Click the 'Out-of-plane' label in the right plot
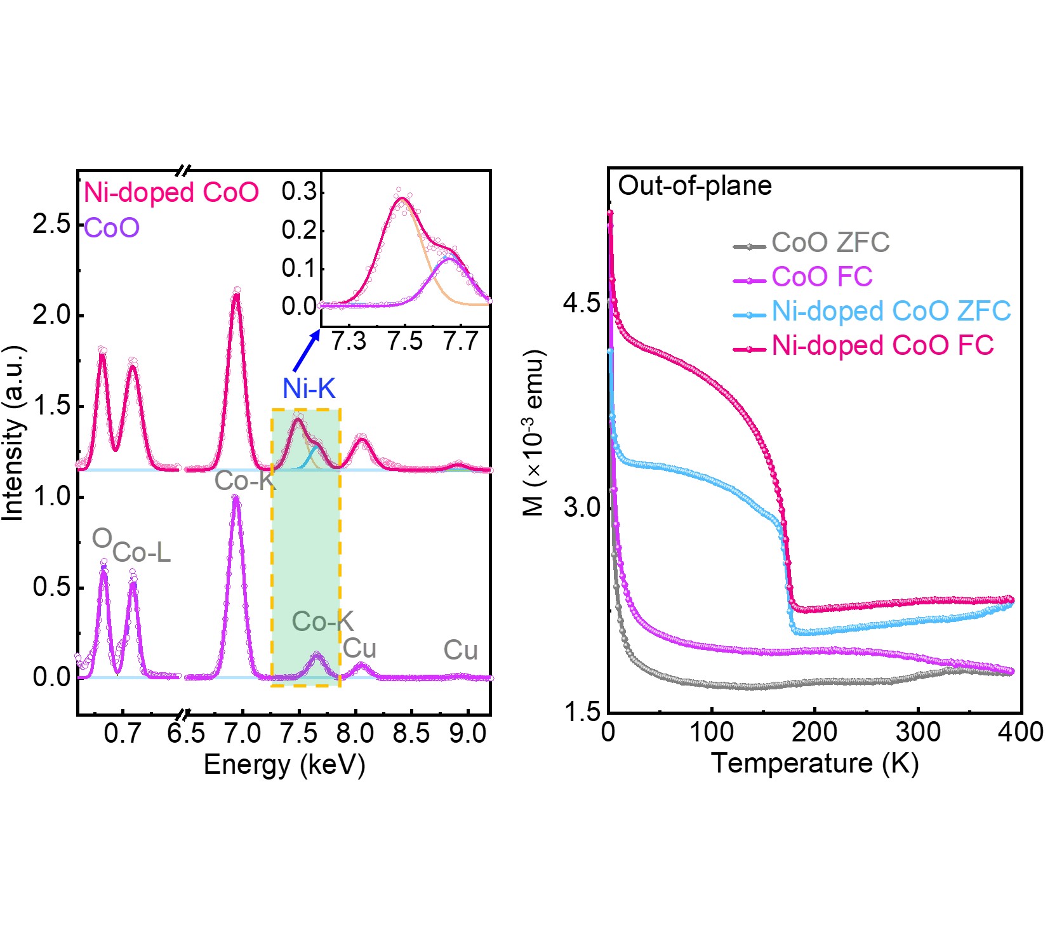[694, 186]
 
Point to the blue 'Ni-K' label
[309, 388]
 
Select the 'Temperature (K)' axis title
[814, 763]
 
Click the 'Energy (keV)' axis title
[284, 765]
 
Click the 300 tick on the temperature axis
[918, 732]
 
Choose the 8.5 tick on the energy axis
[411, 734]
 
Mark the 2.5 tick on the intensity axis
[51, 225]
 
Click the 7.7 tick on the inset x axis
[460, 342]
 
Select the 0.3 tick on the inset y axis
[299, 191]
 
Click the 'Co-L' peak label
[142, 553]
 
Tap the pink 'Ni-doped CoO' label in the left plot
[171, 192]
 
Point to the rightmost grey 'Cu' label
[460, 651]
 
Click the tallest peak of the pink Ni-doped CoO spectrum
[236, 293]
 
